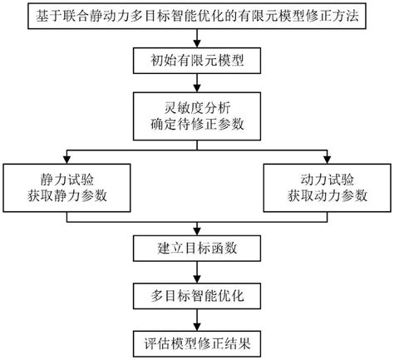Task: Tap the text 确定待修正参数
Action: click(x=197, y=126)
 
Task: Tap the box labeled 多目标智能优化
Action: click(x=197, y=295)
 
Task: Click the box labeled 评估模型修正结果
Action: click(x=197, y=341)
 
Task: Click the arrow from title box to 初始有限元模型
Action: click(x=197, y=40)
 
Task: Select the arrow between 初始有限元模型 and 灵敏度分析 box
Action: click(x=197, y=84)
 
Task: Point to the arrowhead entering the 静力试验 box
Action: click(x=68, y=160)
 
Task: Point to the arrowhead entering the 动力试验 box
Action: click(x=325, y=160)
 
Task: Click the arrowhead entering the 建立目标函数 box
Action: click(x=197, y=230)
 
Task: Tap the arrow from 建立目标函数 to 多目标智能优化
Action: click(x=197, y=272)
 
